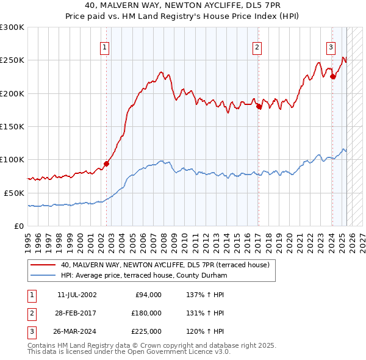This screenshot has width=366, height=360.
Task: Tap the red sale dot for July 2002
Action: coord(106,164)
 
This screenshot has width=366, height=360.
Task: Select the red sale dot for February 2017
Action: coord(259,107)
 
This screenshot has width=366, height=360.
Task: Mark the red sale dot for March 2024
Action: coord(332,77)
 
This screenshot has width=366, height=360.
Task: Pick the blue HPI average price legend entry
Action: coord(143,276)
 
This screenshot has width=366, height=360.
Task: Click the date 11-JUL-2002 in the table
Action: coord(77,295)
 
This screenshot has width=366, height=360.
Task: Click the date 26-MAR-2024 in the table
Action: coord(77,331)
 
